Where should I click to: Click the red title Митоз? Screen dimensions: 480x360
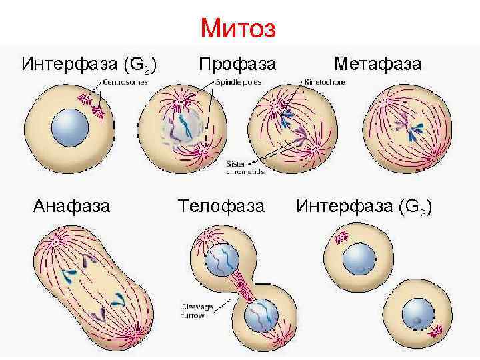[x=242, y=28]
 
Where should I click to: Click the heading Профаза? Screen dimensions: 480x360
[x=237, y=64]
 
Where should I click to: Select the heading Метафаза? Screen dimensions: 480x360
[x=377, y=64]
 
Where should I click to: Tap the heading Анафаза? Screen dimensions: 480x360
[x=72, y=206]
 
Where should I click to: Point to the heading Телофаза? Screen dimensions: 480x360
[x=221, y=206]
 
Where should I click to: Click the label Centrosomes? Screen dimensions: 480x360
[x=125, y=81]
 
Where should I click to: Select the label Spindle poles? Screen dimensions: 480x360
[x=238, y=81]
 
